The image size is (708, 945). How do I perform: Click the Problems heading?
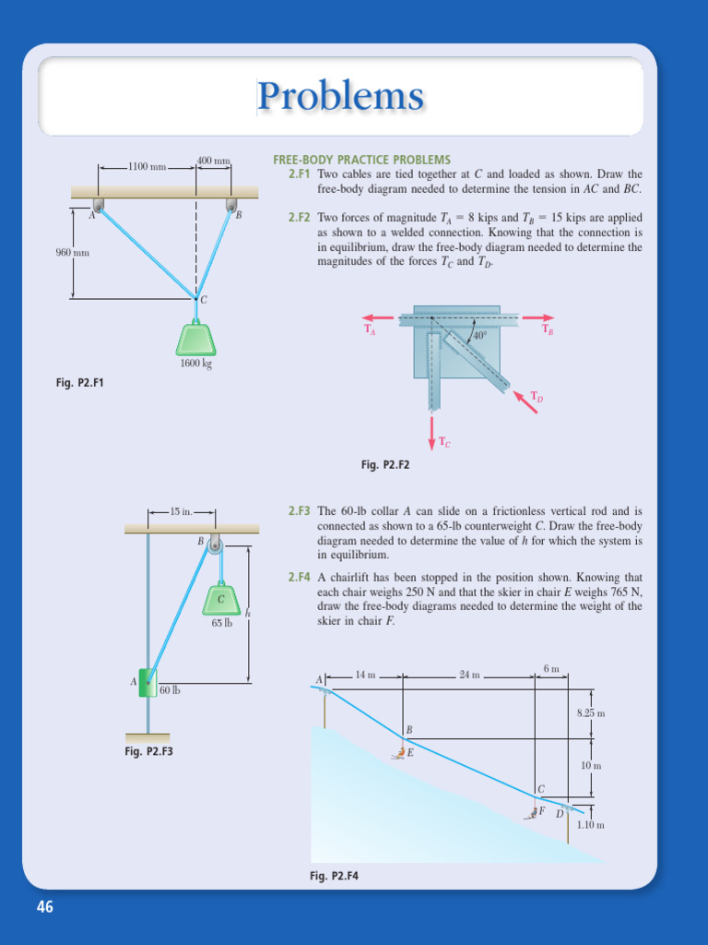(340, 96)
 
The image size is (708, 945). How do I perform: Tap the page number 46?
(45, 907)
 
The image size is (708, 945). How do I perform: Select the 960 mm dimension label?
(72, 252)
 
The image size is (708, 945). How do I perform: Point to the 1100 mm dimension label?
(147, 167)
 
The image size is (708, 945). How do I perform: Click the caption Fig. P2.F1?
(79, 382)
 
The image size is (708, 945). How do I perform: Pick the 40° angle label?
(479, 336)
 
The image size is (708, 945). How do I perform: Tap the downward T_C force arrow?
(432, 430)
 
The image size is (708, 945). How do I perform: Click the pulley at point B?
(215, 544)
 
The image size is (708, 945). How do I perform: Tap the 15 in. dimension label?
(181, 510)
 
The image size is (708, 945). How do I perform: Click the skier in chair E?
(401, 753)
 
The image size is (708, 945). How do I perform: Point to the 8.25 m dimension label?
(590, 713)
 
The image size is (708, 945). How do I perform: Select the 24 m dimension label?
(470, 675)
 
